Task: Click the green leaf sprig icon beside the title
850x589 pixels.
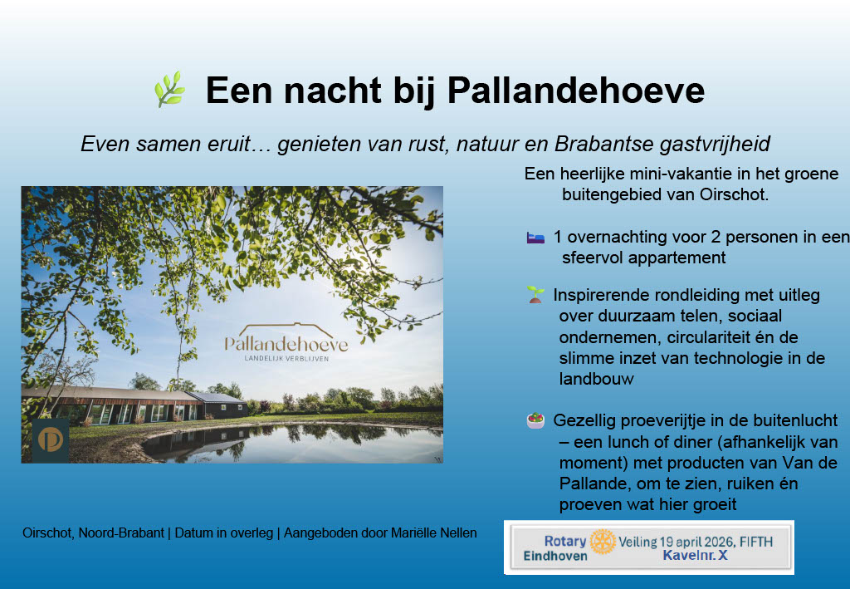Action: pos(169,89)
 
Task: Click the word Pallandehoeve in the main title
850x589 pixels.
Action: pos(576,90)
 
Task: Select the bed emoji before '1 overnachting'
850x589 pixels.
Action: pos(535,238)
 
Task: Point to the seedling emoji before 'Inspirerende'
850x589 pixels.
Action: pos(535,294)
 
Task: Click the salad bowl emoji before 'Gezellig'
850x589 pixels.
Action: pos(535,420)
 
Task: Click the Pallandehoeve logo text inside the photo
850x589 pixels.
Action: pos(286,344)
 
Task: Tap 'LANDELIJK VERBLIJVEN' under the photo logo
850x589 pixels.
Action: pos(286,359)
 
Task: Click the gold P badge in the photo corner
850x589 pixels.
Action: pos(51,440)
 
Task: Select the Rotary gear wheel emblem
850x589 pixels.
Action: pos(603,542)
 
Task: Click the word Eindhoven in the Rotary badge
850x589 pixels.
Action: pos(555,556)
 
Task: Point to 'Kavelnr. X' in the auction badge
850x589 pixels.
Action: pos(695,556)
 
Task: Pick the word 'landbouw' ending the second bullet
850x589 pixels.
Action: pos(596,379)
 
